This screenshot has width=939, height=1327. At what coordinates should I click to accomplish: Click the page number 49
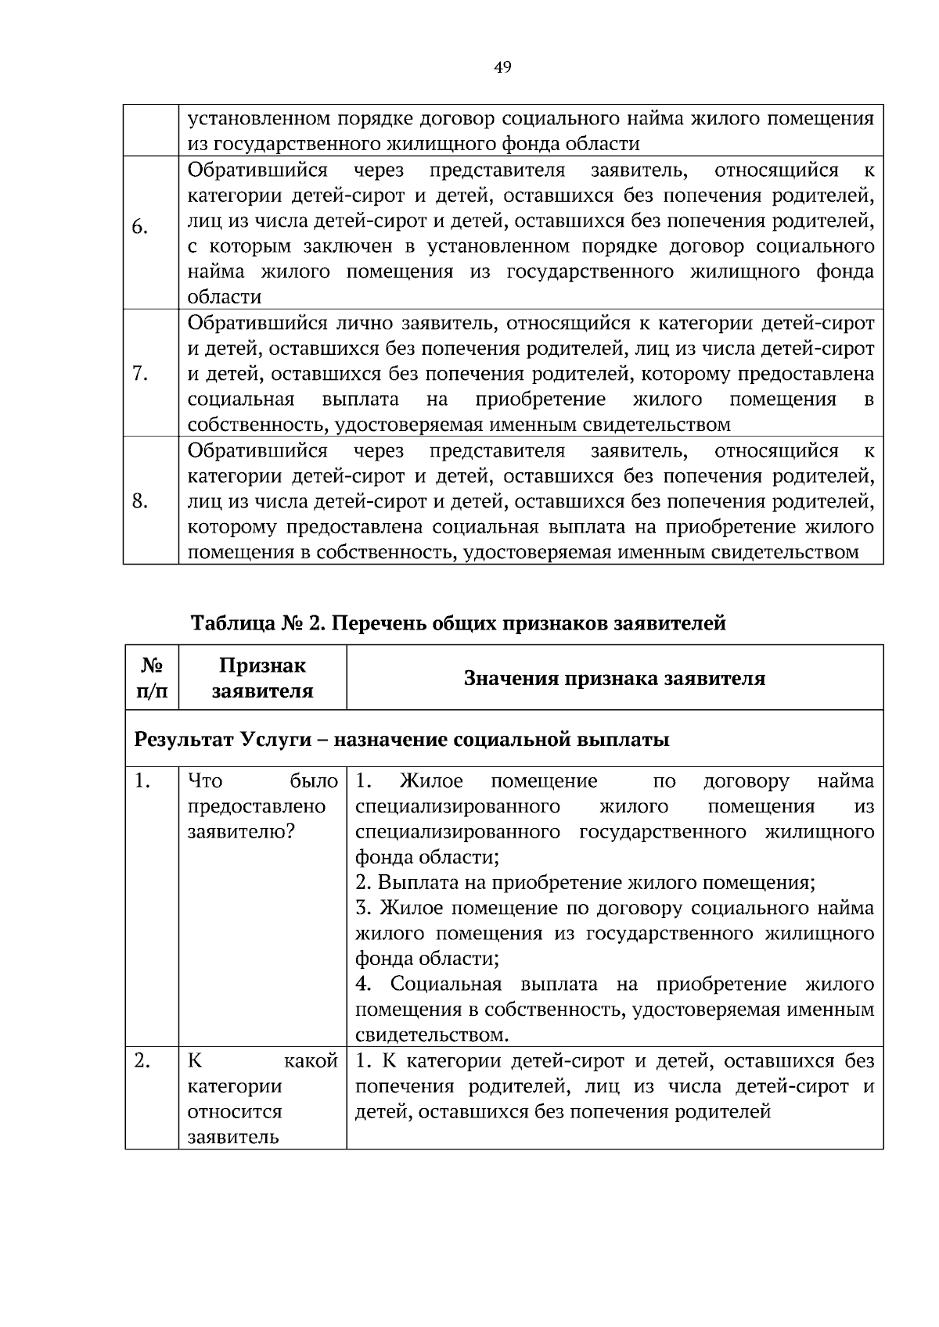[x=502, y=68]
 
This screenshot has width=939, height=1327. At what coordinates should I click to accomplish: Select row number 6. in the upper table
[x=140, y=228]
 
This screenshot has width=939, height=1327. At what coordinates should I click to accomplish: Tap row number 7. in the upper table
[x=140, y=374]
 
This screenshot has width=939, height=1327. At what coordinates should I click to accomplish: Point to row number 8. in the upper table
[x=141, y=501]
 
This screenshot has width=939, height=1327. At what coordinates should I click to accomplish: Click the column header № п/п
[x=153, y=678]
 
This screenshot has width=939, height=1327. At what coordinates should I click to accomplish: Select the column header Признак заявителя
[x=262, y=678]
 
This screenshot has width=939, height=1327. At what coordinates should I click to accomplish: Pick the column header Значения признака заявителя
[x=614, y=678]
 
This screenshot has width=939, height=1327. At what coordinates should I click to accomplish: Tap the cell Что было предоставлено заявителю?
[x=262, y=806]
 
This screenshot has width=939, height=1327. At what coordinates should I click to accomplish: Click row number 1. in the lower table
[x=142, y=781]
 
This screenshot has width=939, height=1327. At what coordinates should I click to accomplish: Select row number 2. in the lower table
[x=142, y=1061]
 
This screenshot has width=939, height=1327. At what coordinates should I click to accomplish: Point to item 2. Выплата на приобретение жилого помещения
[x=585, y=883]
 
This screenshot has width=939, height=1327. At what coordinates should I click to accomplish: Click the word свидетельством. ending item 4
[x=432, y=1035]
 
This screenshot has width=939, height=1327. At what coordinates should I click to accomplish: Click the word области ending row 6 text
[x=224, y=297]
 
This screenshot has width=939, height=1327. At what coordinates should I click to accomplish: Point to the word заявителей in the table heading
[x=672, y=623]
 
